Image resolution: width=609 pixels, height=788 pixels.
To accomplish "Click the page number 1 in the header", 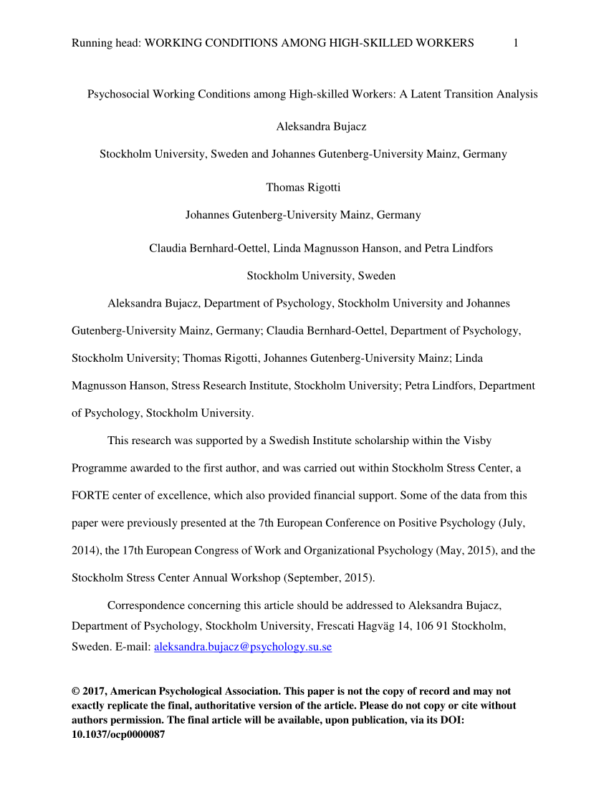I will coord(516,43).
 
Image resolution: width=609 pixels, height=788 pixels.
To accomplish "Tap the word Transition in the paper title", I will coord(471,94).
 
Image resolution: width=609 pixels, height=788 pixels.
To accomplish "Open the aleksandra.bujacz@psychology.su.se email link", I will coord(243,647).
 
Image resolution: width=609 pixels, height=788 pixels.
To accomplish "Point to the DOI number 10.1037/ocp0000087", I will coord(118,734).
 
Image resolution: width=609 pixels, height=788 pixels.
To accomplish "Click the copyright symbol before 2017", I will coord(76,691).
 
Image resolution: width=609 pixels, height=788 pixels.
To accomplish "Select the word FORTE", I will coord(88,495).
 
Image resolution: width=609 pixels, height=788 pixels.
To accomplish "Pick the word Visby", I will coord(476,441).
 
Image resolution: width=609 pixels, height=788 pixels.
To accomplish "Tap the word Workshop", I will coord(239,577).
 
